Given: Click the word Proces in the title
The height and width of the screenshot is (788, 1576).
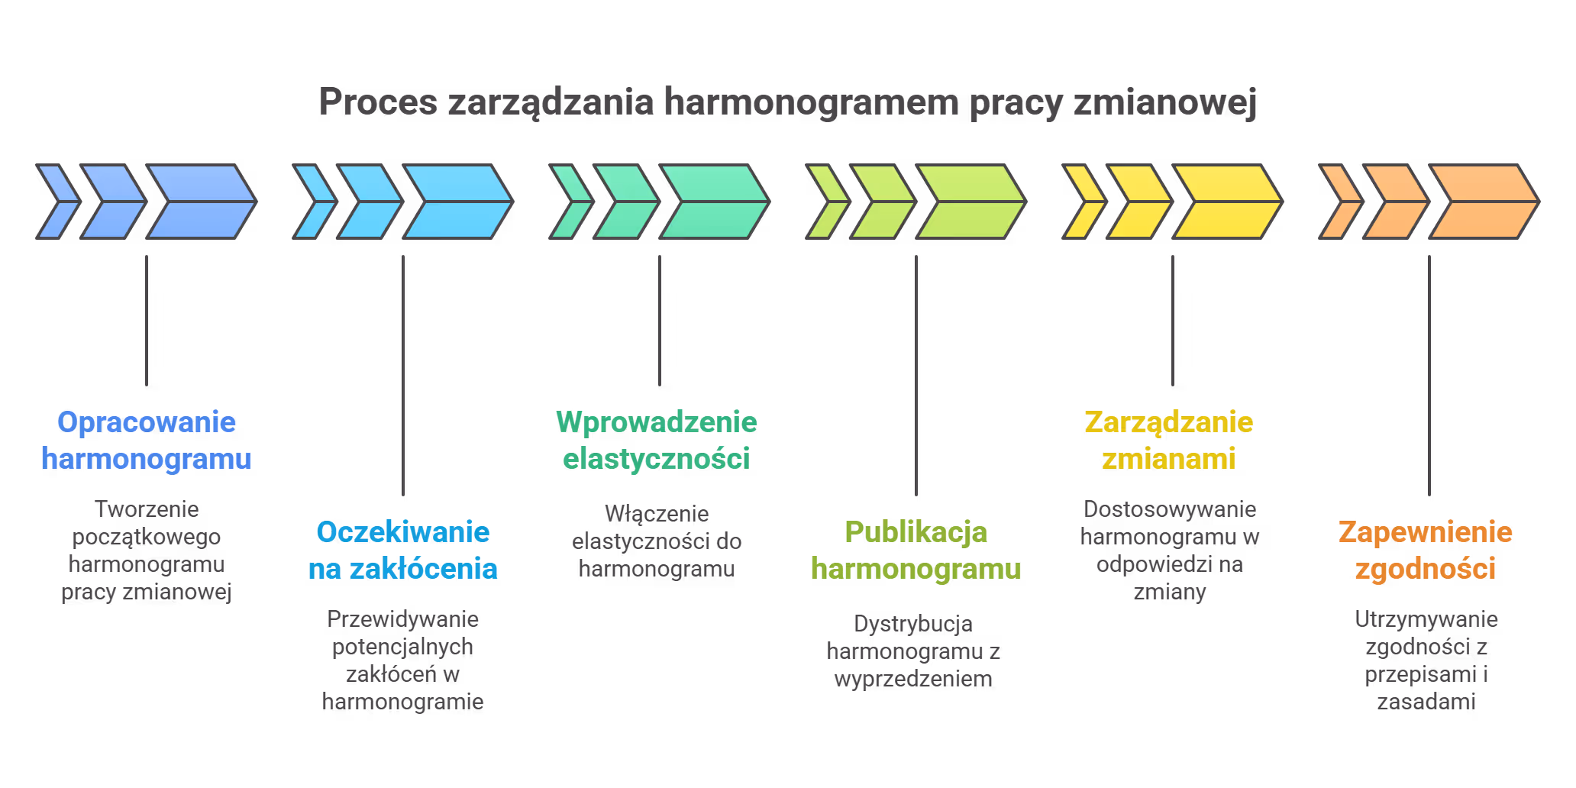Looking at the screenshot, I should click(378, 102).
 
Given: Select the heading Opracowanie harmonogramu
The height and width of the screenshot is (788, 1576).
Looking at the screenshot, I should click(147, 441).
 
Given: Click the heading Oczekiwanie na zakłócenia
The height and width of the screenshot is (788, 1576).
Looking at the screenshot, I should click(403, 551).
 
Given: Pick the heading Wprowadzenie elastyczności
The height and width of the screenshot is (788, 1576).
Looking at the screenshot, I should click(657, 441).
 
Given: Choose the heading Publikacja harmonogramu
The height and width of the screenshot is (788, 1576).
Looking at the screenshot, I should click(916, 551).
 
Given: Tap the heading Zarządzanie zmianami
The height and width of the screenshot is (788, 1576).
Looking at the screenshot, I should click(1169, 441).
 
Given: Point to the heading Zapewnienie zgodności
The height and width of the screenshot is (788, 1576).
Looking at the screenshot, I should click(1426, 551).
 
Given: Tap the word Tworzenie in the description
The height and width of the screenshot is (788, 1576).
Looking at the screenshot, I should click(147, 509).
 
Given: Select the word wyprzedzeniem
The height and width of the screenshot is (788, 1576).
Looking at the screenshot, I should click(913, 679).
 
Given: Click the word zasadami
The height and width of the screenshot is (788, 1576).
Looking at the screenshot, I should click(1426, 702).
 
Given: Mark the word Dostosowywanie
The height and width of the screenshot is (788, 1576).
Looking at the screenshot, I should click(1170, 509).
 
